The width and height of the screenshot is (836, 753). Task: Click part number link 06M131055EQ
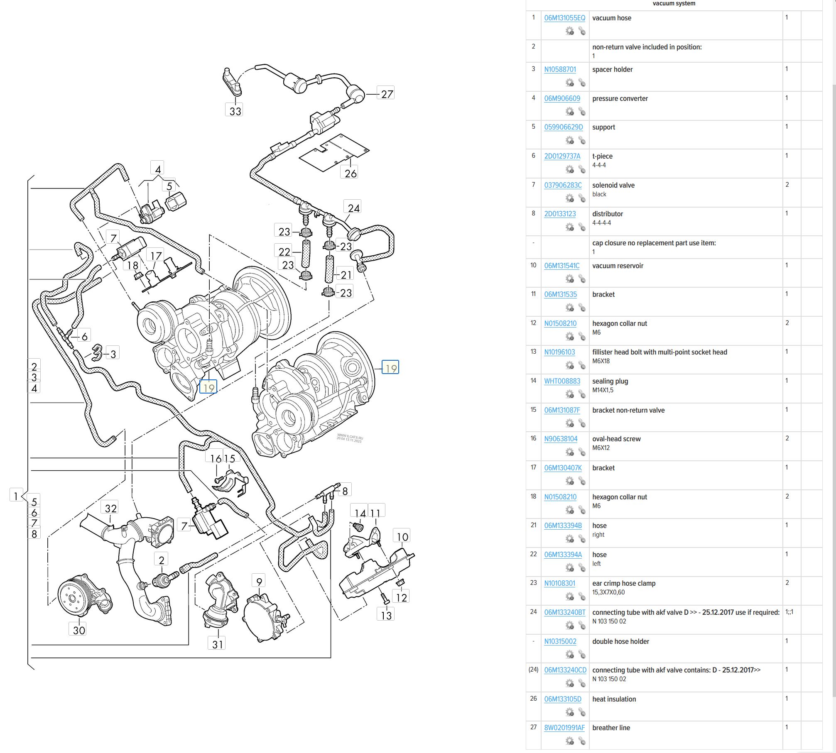click(564, 18)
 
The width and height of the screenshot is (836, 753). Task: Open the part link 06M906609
click(562, 98)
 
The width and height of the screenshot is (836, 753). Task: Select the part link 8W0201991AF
click(564, 727)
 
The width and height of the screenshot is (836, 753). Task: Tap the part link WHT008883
click(562, 381)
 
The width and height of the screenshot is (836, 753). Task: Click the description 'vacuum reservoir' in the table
click(618, 266)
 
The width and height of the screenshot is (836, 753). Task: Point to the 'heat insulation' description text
click(614, 699)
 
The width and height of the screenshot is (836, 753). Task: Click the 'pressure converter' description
click(620, 98)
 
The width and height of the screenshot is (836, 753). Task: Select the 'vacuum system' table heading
click(674, 4)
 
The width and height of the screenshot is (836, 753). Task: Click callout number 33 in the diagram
click(235, 111)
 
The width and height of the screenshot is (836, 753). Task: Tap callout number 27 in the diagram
click(387, 94)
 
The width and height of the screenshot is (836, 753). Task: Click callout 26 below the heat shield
click(350, 174)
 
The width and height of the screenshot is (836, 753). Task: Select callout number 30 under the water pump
click(79, 630)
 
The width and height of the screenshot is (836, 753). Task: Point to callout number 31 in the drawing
click(217, 644)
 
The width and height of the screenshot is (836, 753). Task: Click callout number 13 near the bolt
click(386, 615)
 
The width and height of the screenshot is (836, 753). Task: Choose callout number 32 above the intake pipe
click(110, 509)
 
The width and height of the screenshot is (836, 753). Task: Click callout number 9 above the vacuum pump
click(259, 582)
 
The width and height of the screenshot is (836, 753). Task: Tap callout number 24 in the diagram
click(353, 208)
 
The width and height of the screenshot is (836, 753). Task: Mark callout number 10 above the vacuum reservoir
click(402, 537)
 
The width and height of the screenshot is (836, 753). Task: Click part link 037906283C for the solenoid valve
click(563, 185)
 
